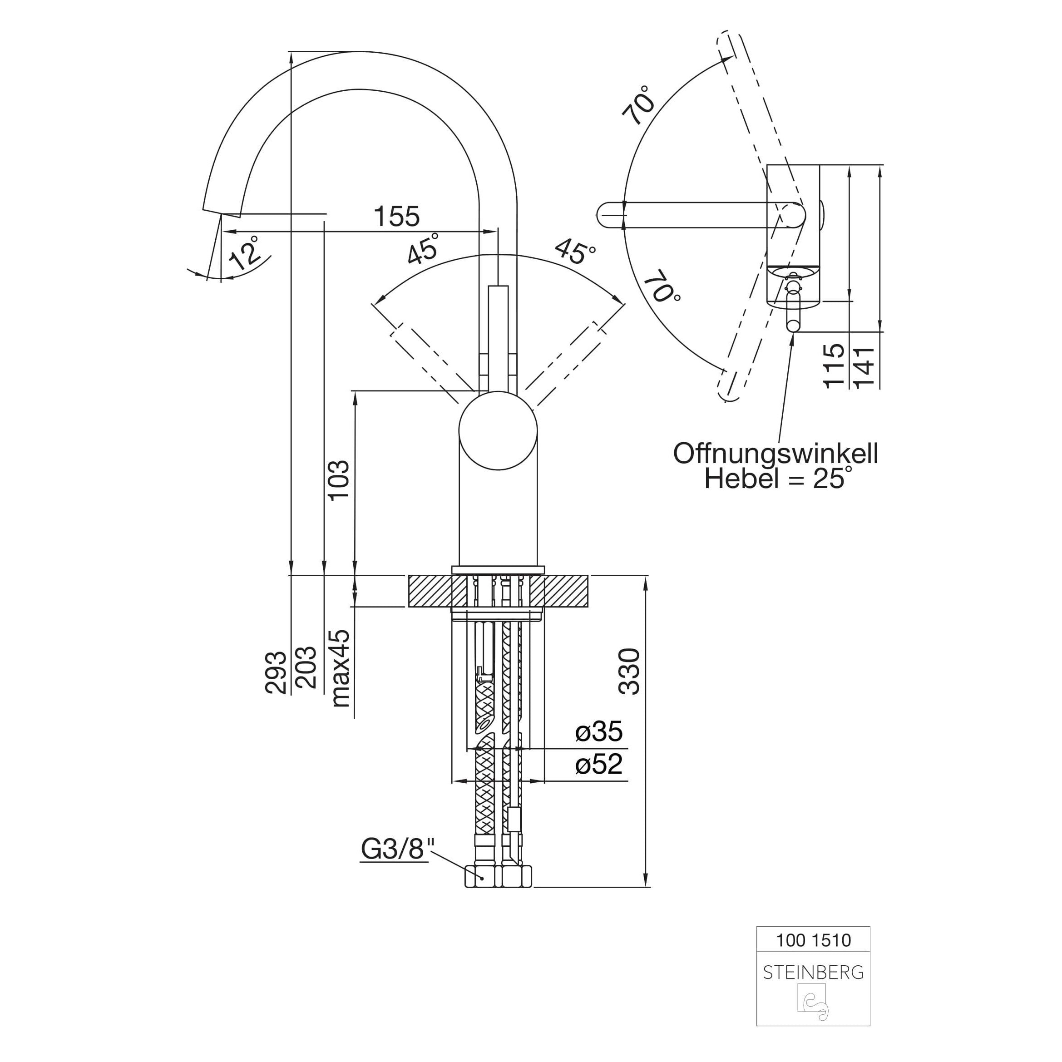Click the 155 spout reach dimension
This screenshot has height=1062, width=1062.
pyautogui.click(x=396, y=217)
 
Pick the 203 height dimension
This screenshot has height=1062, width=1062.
pyautogui.click(x=306, y=667)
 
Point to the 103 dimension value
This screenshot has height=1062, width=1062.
pyautogui.click(x=339, y=480)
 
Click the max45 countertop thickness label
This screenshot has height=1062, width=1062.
pyautogui.click(x=340, y=668)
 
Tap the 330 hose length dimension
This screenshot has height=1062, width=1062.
pyautogui.click(x=630, y=671)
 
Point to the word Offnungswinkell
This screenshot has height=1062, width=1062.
pyautogui.click(x=776, y=454)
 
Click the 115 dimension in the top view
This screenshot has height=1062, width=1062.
pyautogui.click(x=834, y=366)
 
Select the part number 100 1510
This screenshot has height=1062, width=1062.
pyautogui.click(x=813, y=940)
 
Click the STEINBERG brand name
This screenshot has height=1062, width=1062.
pyautogui.click(x=813, y=973)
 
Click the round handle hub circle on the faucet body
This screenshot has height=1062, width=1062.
pyautogui.click(x=498, y=430)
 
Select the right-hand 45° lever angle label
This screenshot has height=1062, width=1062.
pyautogui.click(x=575, y=251)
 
